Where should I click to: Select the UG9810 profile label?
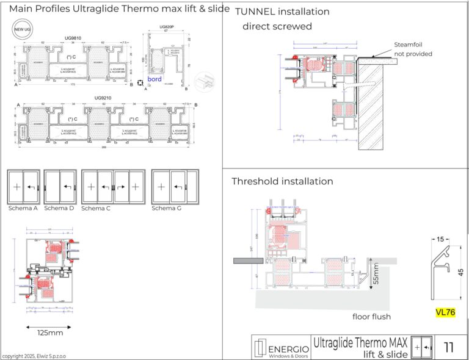click(74, 37)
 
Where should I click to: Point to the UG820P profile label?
click(167, 27)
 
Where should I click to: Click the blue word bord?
click(155, 79)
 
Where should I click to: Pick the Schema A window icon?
click(23, 186)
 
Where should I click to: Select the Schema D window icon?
click(59, 186)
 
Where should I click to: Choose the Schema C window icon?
click(113, 186)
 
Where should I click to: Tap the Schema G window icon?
click(175, 186)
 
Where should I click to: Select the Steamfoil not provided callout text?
click(413, 49)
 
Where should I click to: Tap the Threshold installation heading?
click(282, 181)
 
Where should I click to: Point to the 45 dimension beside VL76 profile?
click(460, 272)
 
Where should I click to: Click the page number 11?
click(449, 348)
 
